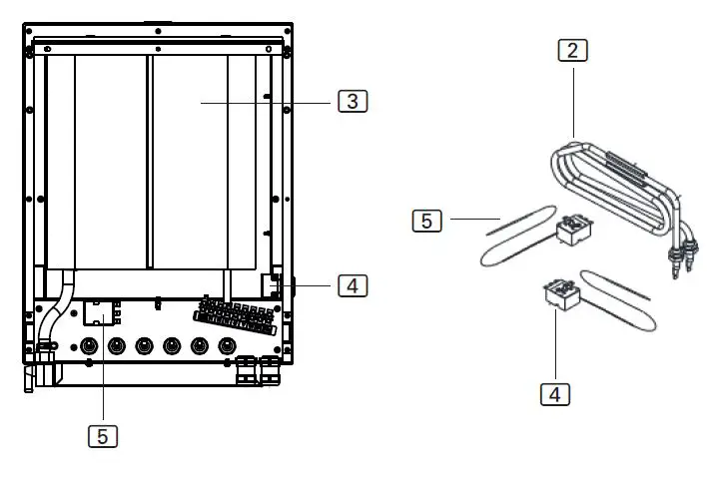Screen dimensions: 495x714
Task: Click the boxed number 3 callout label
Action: click(353, 101)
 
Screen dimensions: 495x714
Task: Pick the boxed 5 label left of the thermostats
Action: click(426, 221)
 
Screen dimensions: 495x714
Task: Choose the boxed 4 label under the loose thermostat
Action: click(555, 393)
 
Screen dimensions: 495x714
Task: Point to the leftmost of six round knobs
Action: click(89, 347)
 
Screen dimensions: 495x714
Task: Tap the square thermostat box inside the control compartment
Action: click(101, 312)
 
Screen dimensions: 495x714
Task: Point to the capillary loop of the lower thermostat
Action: click(623, 299)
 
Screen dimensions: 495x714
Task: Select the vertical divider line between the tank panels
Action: click(148, 160)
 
